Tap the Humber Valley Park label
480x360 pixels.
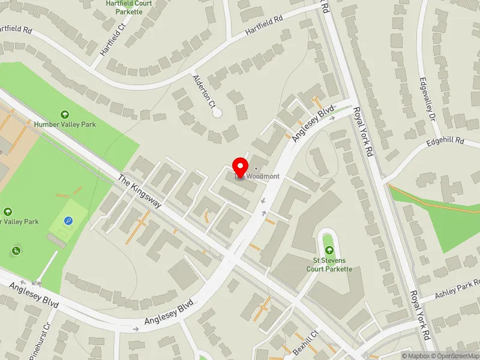tap(66, 124)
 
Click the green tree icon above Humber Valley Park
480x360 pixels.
tap(65, 114)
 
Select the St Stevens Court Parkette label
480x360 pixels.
tap(328, 265)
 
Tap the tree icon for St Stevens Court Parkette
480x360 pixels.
tap(328, 250)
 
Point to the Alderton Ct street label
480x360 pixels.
tap(203, 91)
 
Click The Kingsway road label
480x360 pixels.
tap(140, 191)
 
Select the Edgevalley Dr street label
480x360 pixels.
tap(427, 100)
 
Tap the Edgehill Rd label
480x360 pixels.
tap(446, 142)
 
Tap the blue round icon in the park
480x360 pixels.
tap(68, 221)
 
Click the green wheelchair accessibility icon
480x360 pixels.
tap(16, 250)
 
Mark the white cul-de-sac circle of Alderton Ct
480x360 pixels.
tap(217, 112)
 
